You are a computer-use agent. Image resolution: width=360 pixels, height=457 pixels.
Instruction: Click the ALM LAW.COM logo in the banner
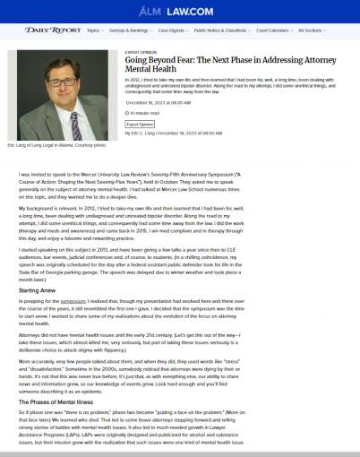click(178, 12)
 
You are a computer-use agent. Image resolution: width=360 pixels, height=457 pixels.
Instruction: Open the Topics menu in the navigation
click(94, 30)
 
